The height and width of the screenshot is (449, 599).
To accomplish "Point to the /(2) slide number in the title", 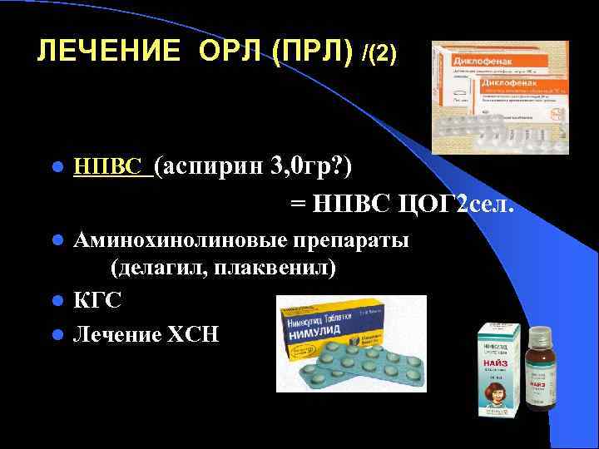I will coord(380,53).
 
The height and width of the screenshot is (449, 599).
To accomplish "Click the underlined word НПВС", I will coord(111,167).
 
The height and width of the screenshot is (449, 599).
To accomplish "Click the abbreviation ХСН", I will coord(193,334).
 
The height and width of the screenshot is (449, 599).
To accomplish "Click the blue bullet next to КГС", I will coord(56,300).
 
